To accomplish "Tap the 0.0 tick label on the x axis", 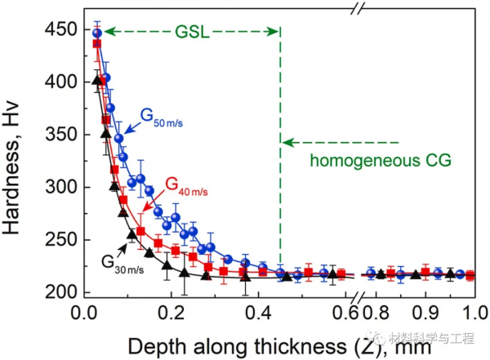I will click(x=86, y=313).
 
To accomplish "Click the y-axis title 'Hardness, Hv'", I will click(x=18, y=159).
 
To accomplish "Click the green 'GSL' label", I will click(x=193, y=32).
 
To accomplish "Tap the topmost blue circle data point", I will click(x=97, y=33).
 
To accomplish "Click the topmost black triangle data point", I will click(x=96, y=80).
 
